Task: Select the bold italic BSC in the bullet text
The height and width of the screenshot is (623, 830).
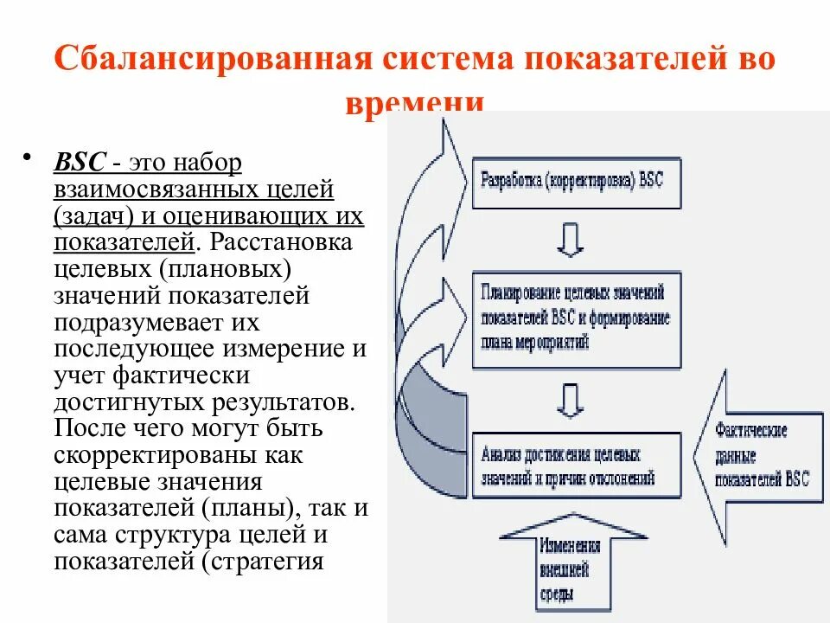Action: pyautogui.click(x=80, y=163)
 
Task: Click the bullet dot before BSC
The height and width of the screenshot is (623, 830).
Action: pyautogui.click(x=29, y=157)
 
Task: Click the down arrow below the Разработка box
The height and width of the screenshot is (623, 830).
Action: pyautogui.click(x=570, y=238)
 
